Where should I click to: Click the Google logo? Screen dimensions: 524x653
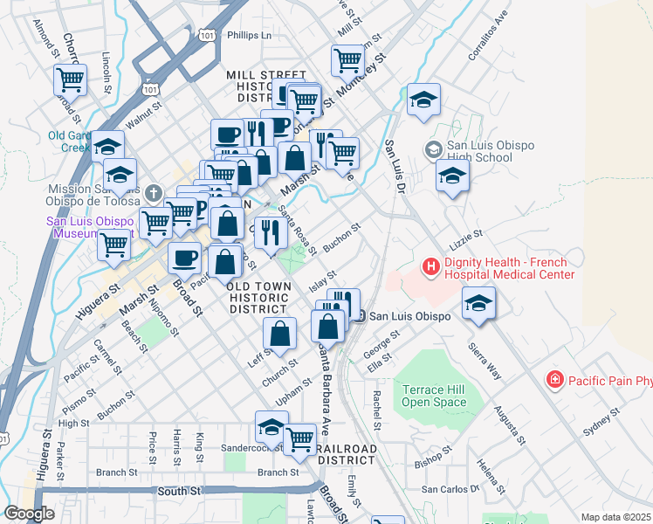28,514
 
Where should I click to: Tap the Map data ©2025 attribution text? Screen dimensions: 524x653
616,517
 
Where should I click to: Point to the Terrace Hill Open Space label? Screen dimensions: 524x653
434,396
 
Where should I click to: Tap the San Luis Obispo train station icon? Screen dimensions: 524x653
359,316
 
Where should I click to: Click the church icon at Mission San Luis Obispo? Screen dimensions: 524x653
152,192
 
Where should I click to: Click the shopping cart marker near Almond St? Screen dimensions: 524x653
70,80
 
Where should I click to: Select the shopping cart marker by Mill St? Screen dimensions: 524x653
347,60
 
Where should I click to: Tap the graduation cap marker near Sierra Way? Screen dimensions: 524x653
479,302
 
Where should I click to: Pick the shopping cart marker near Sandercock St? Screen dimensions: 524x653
299,438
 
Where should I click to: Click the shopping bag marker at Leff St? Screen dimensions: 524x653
279,332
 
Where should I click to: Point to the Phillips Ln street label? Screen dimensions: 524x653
249,36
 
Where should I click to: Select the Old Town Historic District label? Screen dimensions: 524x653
258,298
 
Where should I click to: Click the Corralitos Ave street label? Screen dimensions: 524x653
487,36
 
